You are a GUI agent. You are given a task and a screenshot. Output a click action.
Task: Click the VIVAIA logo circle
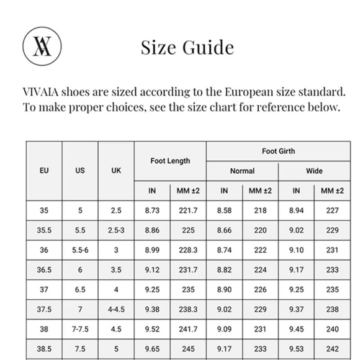[x=41, y=47]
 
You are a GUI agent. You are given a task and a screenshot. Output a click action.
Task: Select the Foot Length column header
[x=170, y=161]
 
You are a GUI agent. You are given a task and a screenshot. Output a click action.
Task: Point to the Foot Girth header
[x=278, y=151]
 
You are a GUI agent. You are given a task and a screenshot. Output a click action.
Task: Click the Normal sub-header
[x=242, y=171]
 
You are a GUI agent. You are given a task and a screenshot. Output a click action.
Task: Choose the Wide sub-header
[x=314, y=171]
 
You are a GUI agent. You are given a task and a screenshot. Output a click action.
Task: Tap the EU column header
[x=44, y=171]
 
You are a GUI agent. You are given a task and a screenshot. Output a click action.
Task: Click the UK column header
[x=116, y=171]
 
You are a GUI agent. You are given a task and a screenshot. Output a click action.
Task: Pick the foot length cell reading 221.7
[x=188, y=211]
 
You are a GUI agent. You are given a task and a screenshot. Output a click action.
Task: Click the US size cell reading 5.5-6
[x=80, y=250]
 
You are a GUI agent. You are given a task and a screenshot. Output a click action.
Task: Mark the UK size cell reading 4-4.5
[x=116, y=308]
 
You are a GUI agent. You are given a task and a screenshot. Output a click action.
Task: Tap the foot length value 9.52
[x=152, y=328]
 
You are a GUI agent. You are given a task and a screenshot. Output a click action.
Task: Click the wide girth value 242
[x=332, y=348]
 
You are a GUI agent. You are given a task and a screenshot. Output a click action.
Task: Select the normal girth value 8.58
[x=224, y=211]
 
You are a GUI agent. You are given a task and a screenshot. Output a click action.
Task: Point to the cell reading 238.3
[x=188, y=308]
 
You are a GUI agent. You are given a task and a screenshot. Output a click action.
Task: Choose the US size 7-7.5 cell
[x=80, y=328]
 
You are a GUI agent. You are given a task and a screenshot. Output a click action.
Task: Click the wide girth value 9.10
[x=296, y=250]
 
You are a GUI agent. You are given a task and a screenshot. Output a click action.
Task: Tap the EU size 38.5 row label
[x=44, y=348]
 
